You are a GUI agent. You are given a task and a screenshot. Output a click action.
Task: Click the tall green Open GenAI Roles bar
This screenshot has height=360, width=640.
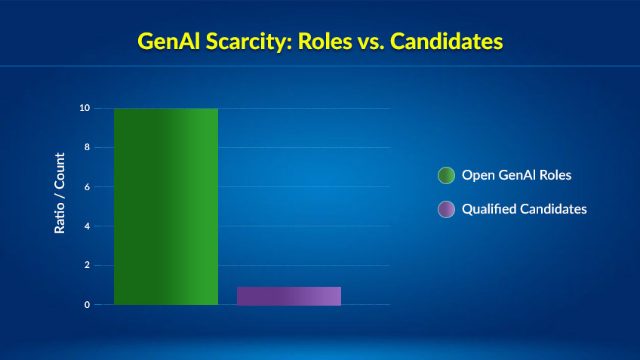[x=166, y=206]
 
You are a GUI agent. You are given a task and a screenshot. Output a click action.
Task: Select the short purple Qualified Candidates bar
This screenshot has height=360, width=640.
[x=289, y=296]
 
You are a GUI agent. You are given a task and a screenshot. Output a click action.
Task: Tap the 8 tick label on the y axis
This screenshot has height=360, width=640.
[x=88, y=147]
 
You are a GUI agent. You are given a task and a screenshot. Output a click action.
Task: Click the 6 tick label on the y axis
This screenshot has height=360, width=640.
[x=88, y=186]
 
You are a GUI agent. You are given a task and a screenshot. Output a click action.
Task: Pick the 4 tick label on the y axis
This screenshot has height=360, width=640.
[x=88, y=226]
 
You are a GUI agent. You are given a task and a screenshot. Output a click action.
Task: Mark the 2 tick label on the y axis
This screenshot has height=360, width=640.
[x=88, y=266]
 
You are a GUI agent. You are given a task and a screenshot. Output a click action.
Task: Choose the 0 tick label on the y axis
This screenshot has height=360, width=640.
[x=88, y=305]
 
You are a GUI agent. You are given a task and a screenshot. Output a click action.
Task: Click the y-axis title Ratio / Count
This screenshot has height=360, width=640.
[x=60, y=193]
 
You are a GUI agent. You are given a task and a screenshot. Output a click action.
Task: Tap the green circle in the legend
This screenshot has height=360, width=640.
[x=447, y=175]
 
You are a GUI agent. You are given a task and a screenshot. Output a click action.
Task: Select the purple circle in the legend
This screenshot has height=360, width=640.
[x=447, y=210]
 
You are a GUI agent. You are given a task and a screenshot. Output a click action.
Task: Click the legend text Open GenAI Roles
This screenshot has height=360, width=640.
[x=516, y=175]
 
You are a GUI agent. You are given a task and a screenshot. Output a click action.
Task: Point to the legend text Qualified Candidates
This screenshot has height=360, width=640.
[x=524, y=209]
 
